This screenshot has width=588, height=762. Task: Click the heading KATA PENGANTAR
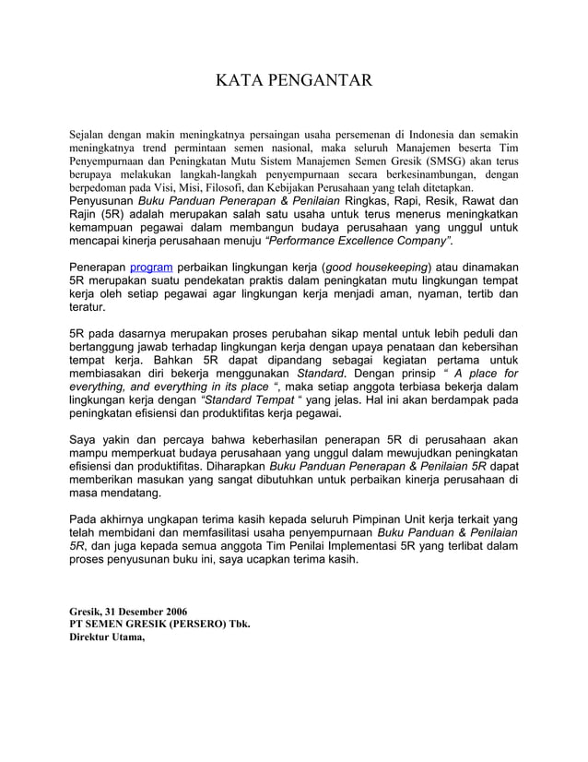point(293,81)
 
